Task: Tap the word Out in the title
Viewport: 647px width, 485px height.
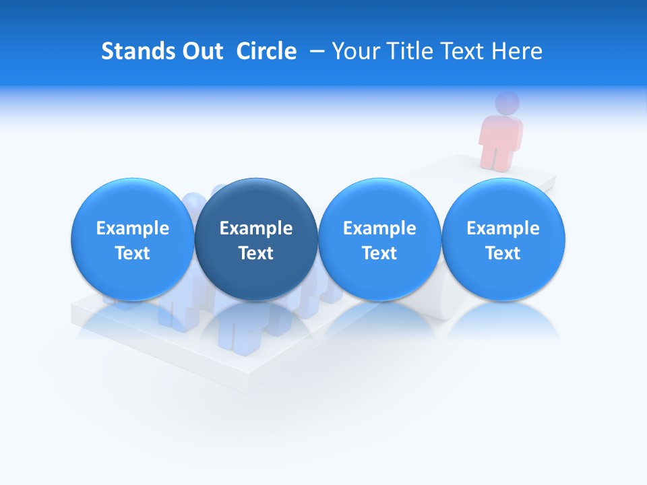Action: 201,51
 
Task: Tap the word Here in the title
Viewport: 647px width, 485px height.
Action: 516,51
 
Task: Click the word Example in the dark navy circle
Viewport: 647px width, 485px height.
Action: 256,229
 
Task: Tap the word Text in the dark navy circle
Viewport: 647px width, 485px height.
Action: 256,253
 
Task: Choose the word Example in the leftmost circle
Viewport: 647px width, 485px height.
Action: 133,229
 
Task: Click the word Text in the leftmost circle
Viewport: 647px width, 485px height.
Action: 133,253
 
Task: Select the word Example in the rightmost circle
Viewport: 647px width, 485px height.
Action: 503,229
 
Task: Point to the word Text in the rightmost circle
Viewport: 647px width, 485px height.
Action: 503,253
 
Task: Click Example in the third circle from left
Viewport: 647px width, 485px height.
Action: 379,229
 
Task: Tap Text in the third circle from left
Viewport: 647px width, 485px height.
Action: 379,253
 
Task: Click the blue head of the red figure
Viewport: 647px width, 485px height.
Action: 507,102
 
